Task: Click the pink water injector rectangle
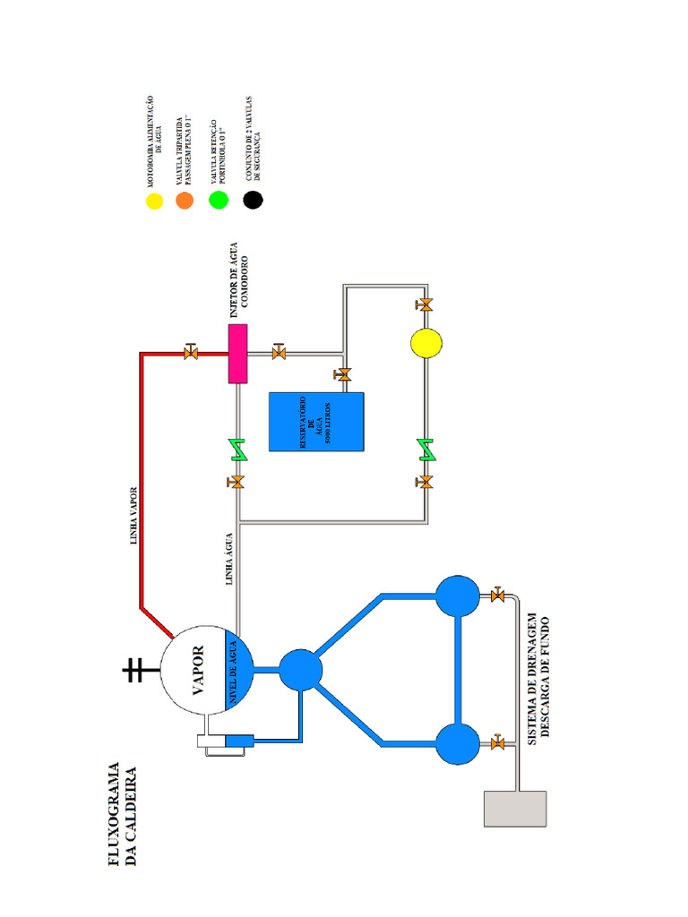[237, 354]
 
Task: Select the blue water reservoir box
[316, 421]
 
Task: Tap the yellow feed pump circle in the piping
[426, 342]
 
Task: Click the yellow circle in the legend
[155, 201]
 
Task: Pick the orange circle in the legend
[185, 201]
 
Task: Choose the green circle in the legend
[219, 201]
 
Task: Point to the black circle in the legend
[254, 201]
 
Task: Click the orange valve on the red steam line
[190, 353]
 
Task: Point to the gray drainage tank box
[515, 809]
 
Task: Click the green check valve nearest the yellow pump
[426, 450]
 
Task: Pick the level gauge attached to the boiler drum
[226, 742]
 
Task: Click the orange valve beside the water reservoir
[343, 373]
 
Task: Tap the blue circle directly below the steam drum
[300, 670]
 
